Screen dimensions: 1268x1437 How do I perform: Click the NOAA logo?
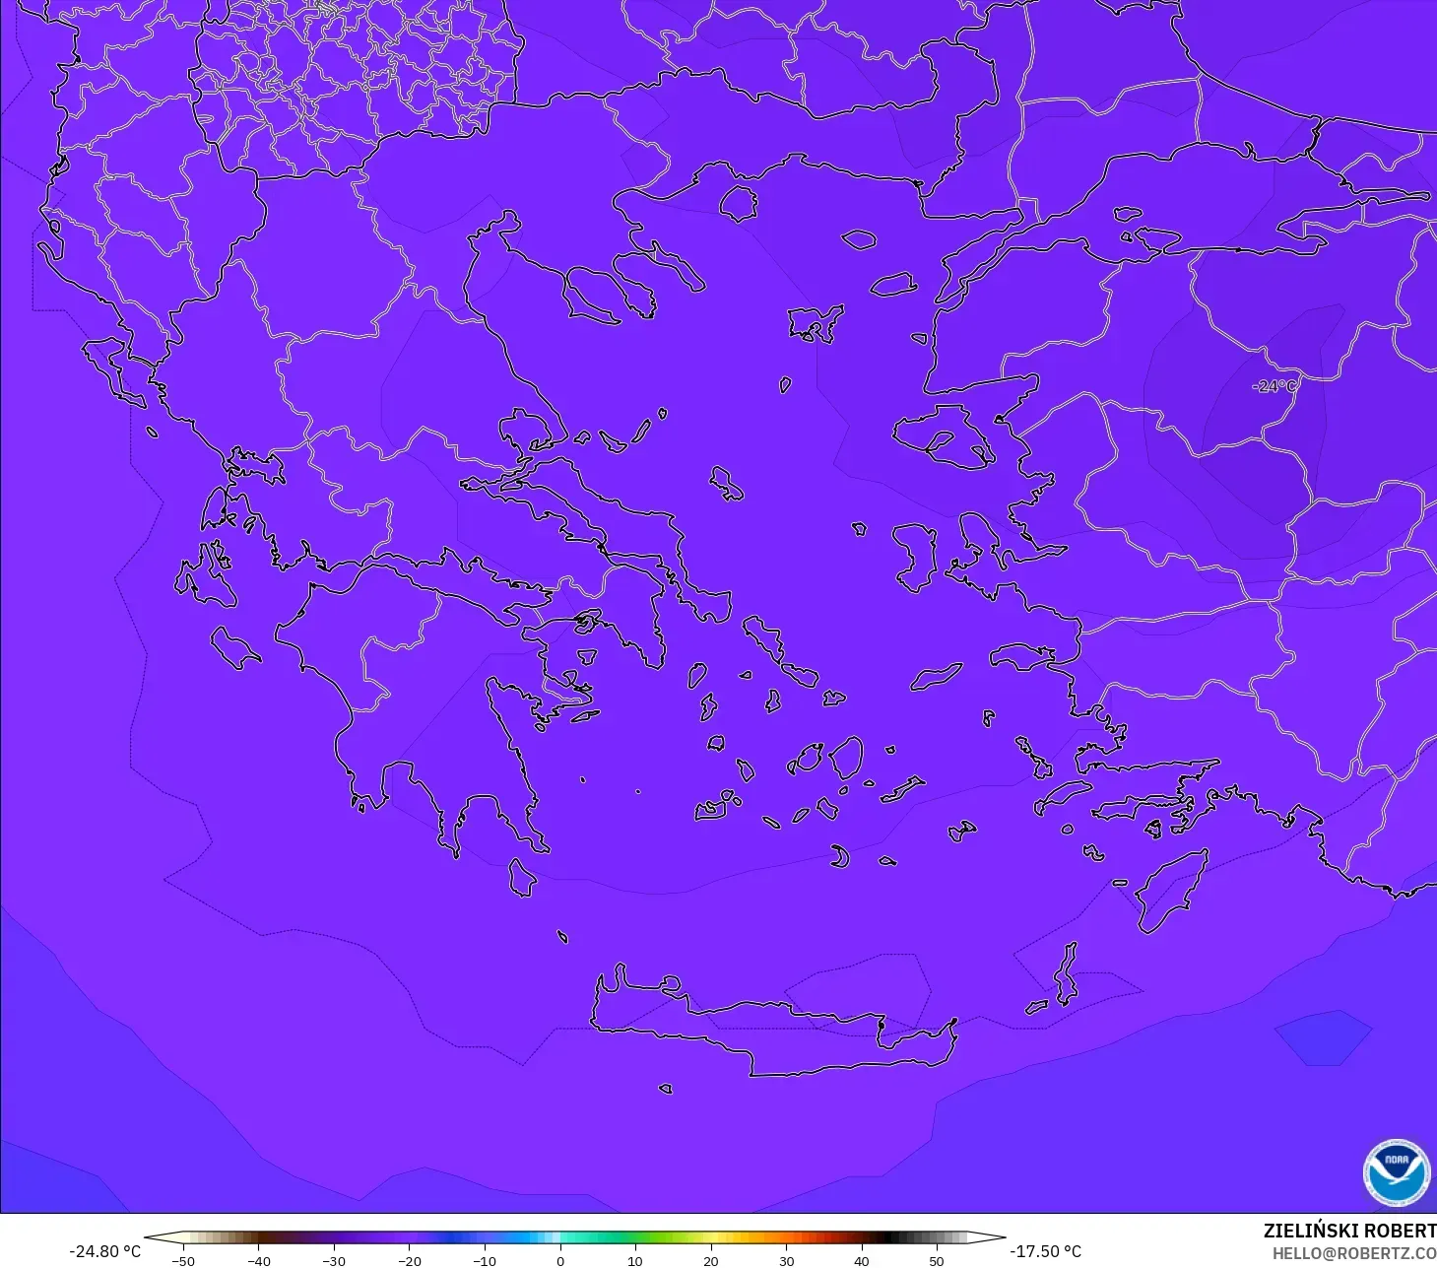point(1396,1172)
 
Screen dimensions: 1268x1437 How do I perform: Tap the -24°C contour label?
point(1274,386)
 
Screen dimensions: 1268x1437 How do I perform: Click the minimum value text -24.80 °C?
point(105,1251)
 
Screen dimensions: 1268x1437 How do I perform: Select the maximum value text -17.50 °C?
point(1046,1251)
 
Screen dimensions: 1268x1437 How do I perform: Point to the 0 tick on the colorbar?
point(559,1260)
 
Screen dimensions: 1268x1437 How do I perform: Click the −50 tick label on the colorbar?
point(183,1260)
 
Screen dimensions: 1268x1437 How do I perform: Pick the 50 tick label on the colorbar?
point(936,1260)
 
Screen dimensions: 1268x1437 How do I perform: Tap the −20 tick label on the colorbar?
point(409,1260)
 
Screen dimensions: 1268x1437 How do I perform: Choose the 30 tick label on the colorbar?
point(786,1260)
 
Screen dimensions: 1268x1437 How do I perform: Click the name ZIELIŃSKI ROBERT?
point(1349,1231)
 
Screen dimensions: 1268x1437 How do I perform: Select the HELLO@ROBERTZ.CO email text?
point(1353,1253)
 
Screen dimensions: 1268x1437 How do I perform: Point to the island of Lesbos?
point(941,435)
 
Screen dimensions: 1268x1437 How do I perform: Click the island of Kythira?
point(522,878)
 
